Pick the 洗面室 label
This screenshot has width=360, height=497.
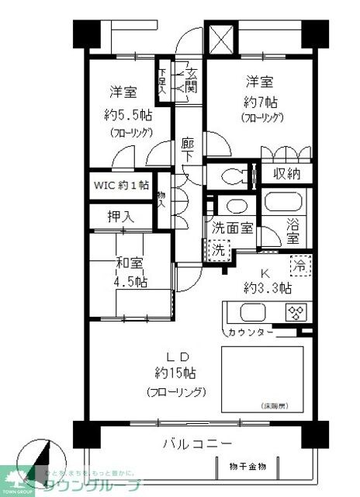point(232,228)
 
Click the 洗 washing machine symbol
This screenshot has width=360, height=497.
point(219,251)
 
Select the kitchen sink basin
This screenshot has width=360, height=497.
point(253,314)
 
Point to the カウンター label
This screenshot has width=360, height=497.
point(251,333)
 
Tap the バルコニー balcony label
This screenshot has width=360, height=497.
point(197,445)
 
